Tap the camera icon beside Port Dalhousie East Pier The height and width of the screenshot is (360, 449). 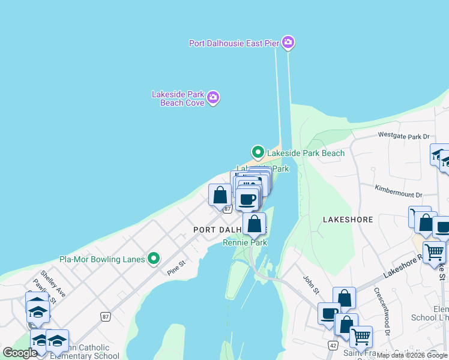[288, 42]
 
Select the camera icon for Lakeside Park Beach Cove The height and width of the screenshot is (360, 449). [213, 97]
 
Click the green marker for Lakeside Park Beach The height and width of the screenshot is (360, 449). [258, 152]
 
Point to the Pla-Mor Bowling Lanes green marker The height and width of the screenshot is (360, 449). [154, 259]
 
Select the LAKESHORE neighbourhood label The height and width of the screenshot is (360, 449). [349, 220]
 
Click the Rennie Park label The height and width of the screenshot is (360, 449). [244, 242]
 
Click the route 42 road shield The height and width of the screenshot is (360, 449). [332, 345]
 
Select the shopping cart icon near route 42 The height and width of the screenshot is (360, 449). [361, 336]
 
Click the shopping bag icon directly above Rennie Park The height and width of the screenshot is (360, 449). [255, 224]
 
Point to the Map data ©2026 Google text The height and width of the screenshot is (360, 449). [412, 355]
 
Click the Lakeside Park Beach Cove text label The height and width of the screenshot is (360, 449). [178, 98]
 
